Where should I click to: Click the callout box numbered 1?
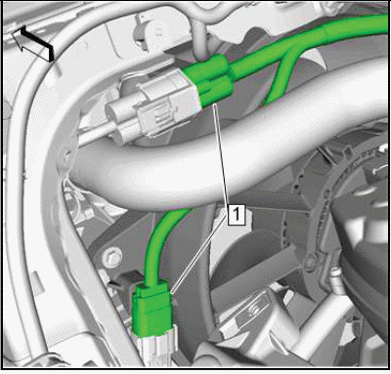tap(237, 214)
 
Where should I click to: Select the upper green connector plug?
tap(209, 80)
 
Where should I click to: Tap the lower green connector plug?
tap(152, 310)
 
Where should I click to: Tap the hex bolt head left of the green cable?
tap(111, 257)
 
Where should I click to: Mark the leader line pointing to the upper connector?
tap(223, 154)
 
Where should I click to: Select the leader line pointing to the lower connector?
tap(197, 257)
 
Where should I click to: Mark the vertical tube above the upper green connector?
tap(200, 41)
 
